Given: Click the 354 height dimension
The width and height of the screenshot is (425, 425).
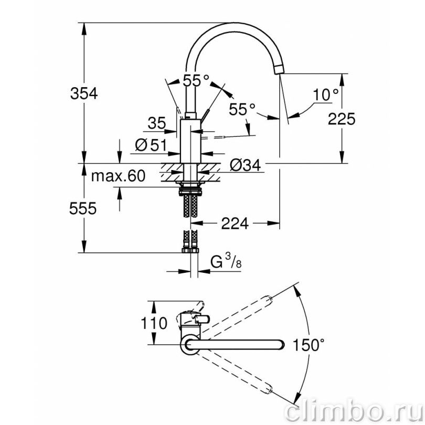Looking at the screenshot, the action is coord(84,93).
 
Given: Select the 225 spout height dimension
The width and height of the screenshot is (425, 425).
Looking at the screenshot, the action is coord(341,119).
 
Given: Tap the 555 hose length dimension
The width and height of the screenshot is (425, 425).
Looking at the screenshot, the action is coord(83,208).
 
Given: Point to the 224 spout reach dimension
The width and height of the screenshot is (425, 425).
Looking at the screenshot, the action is coord(235,224).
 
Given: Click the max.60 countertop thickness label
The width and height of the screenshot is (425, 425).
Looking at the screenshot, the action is coord(118,176).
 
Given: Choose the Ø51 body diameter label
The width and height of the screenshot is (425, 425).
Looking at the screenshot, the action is coord(151,145).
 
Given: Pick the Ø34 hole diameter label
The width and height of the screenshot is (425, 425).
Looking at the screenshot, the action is coord(246,165).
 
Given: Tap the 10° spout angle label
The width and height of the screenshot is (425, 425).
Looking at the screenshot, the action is coord(325,94).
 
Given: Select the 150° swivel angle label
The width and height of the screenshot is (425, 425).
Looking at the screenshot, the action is coord(309,345).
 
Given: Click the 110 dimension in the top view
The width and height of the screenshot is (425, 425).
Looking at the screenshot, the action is coord(154,323).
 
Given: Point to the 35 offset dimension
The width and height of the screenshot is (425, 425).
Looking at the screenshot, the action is coord(157,123).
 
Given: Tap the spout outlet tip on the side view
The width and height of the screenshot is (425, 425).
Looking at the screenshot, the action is coord(280,69).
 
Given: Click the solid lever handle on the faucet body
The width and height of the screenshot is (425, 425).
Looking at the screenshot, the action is coord(205,115).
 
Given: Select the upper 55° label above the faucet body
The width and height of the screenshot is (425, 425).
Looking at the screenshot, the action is coord(196,80).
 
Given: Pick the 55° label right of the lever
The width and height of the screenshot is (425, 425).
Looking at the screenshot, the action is coord(242,110).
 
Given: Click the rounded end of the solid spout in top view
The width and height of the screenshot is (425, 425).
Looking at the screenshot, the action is coord(282,344).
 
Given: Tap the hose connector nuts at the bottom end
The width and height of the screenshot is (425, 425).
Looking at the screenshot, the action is coord(190,250).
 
